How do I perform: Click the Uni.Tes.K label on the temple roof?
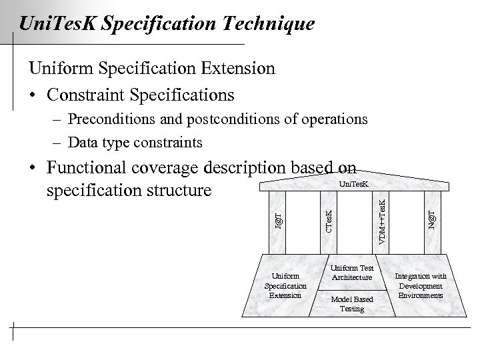click(x=353, y=183)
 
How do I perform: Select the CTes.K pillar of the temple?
click(x=329, y=220)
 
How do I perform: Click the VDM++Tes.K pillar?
click(x=381, y=220)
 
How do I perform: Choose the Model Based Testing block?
click(x=352, y=303)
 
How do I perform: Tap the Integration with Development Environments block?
click(x=421, y=285)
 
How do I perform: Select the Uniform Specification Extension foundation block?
click(x=286, y=285)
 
